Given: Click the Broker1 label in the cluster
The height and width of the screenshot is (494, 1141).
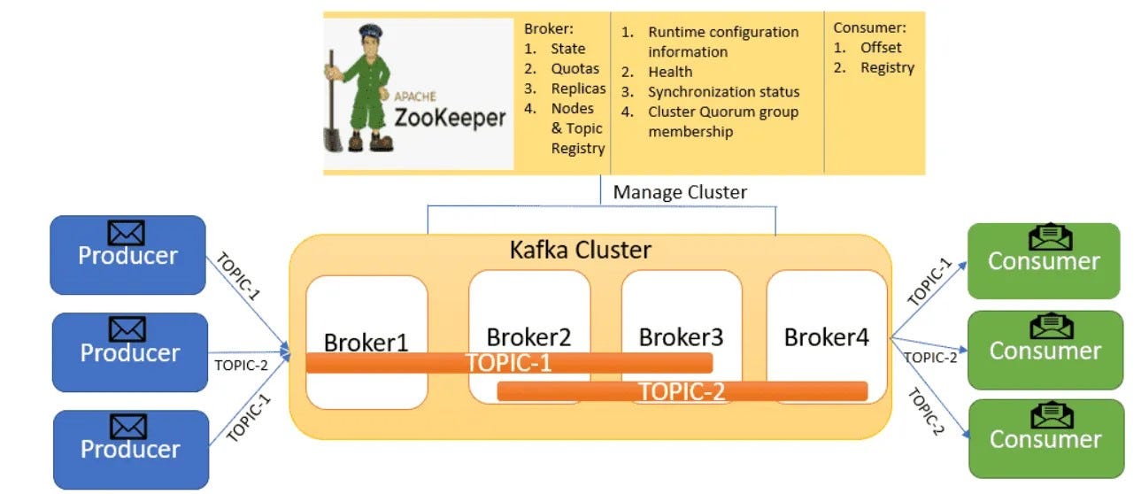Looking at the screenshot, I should [x=366, y=342].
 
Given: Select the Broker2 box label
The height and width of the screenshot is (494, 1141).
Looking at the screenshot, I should [x=528, y=337].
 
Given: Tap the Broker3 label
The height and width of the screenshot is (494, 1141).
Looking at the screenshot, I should [x=681, y=337].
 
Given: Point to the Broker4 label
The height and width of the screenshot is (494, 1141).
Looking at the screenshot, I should [x=826, y=336].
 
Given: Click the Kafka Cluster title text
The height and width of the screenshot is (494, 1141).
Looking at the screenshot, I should [x=580, y=250].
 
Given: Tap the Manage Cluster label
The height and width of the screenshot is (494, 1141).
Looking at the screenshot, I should [x=680, y=192].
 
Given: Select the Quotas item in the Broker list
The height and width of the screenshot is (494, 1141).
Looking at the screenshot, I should [x=574, y=68].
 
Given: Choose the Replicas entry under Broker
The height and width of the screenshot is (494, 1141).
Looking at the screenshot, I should [x=578, y=89].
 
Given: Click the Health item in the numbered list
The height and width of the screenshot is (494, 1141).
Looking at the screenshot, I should [x=670, y=72].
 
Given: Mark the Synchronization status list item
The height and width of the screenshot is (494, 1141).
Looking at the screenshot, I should [x=723, y=92].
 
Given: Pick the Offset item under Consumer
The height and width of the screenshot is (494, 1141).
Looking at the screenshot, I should [x=881, y=48].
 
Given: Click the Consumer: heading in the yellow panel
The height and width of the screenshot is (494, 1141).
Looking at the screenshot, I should [x=869, y=27].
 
